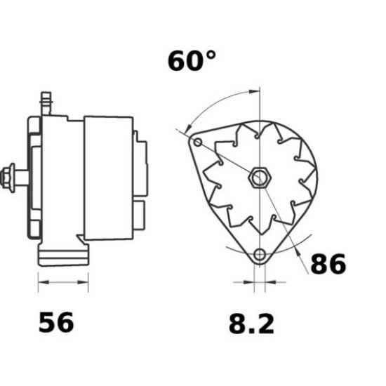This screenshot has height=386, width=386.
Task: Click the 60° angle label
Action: click(192, 61)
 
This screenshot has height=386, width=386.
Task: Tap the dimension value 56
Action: click(55, 323)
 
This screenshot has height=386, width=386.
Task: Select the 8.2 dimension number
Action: click(251, 324)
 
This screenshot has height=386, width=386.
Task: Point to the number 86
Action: click(327, 264)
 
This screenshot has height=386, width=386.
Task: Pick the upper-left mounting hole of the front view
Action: click(198, 143)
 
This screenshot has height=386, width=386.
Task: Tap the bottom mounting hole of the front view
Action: click(260, 254)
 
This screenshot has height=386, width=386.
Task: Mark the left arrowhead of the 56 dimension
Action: click(41, 283)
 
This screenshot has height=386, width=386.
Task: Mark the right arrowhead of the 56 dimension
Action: click(85, 283)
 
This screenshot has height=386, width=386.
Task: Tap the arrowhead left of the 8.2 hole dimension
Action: click(250, 284)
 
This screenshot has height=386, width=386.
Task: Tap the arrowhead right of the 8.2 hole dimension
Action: click(269, 284)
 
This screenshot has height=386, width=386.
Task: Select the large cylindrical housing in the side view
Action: click(109, 175)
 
